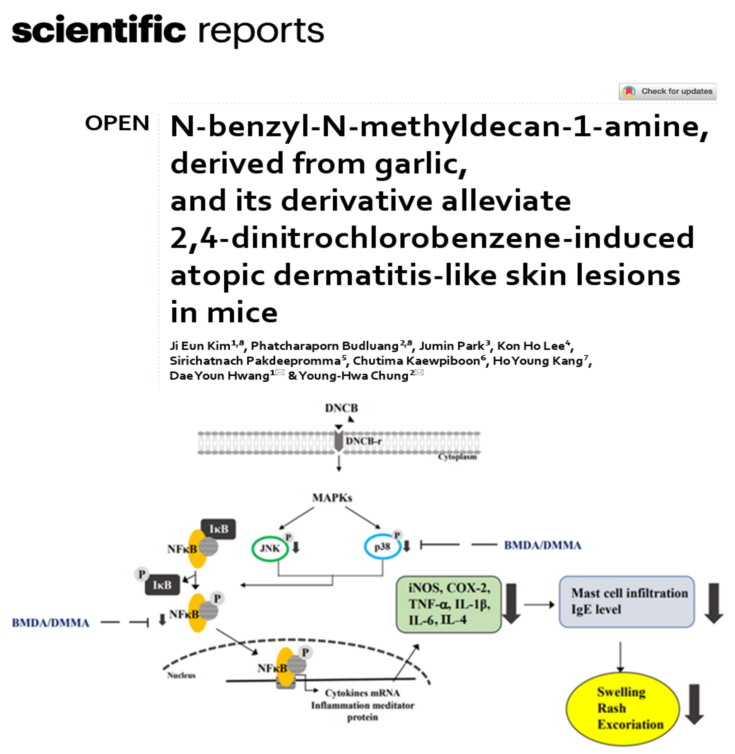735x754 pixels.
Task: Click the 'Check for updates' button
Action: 667,91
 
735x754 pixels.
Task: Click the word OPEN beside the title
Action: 117,123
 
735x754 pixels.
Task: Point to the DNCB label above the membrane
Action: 341,408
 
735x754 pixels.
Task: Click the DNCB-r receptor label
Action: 363,441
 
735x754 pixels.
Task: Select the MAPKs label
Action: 332,497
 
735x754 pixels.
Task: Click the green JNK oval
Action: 270,549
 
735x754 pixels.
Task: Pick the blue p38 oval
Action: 382,547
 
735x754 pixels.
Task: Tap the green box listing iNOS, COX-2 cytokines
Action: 449,604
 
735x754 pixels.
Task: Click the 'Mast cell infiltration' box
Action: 626,601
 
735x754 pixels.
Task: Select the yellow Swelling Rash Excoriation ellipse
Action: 622,708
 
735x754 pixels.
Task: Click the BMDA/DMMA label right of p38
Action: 542,545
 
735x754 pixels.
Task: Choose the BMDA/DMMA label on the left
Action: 50,623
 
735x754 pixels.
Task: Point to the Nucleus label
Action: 181,675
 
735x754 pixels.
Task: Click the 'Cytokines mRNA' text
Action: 362,693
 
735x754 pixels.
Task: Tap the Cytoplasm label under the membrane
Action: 457,457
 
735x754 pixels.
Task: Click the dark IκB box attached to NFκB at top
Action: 219,529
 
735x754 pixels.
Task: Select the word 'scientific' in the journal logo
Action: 99,30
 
